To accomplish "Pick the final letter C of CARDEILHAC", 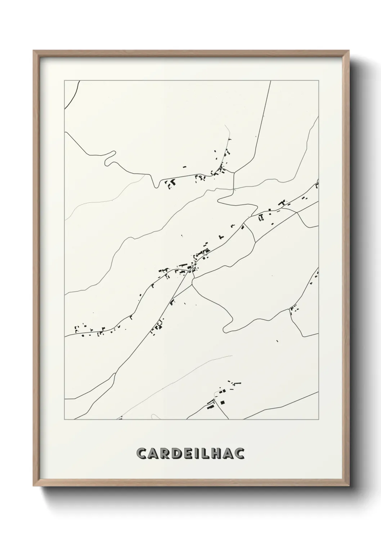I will [239, 453].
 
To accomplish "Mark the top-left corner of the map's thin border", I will [64, 81].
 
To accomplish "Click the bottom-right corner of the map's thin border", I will [319, 419].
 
